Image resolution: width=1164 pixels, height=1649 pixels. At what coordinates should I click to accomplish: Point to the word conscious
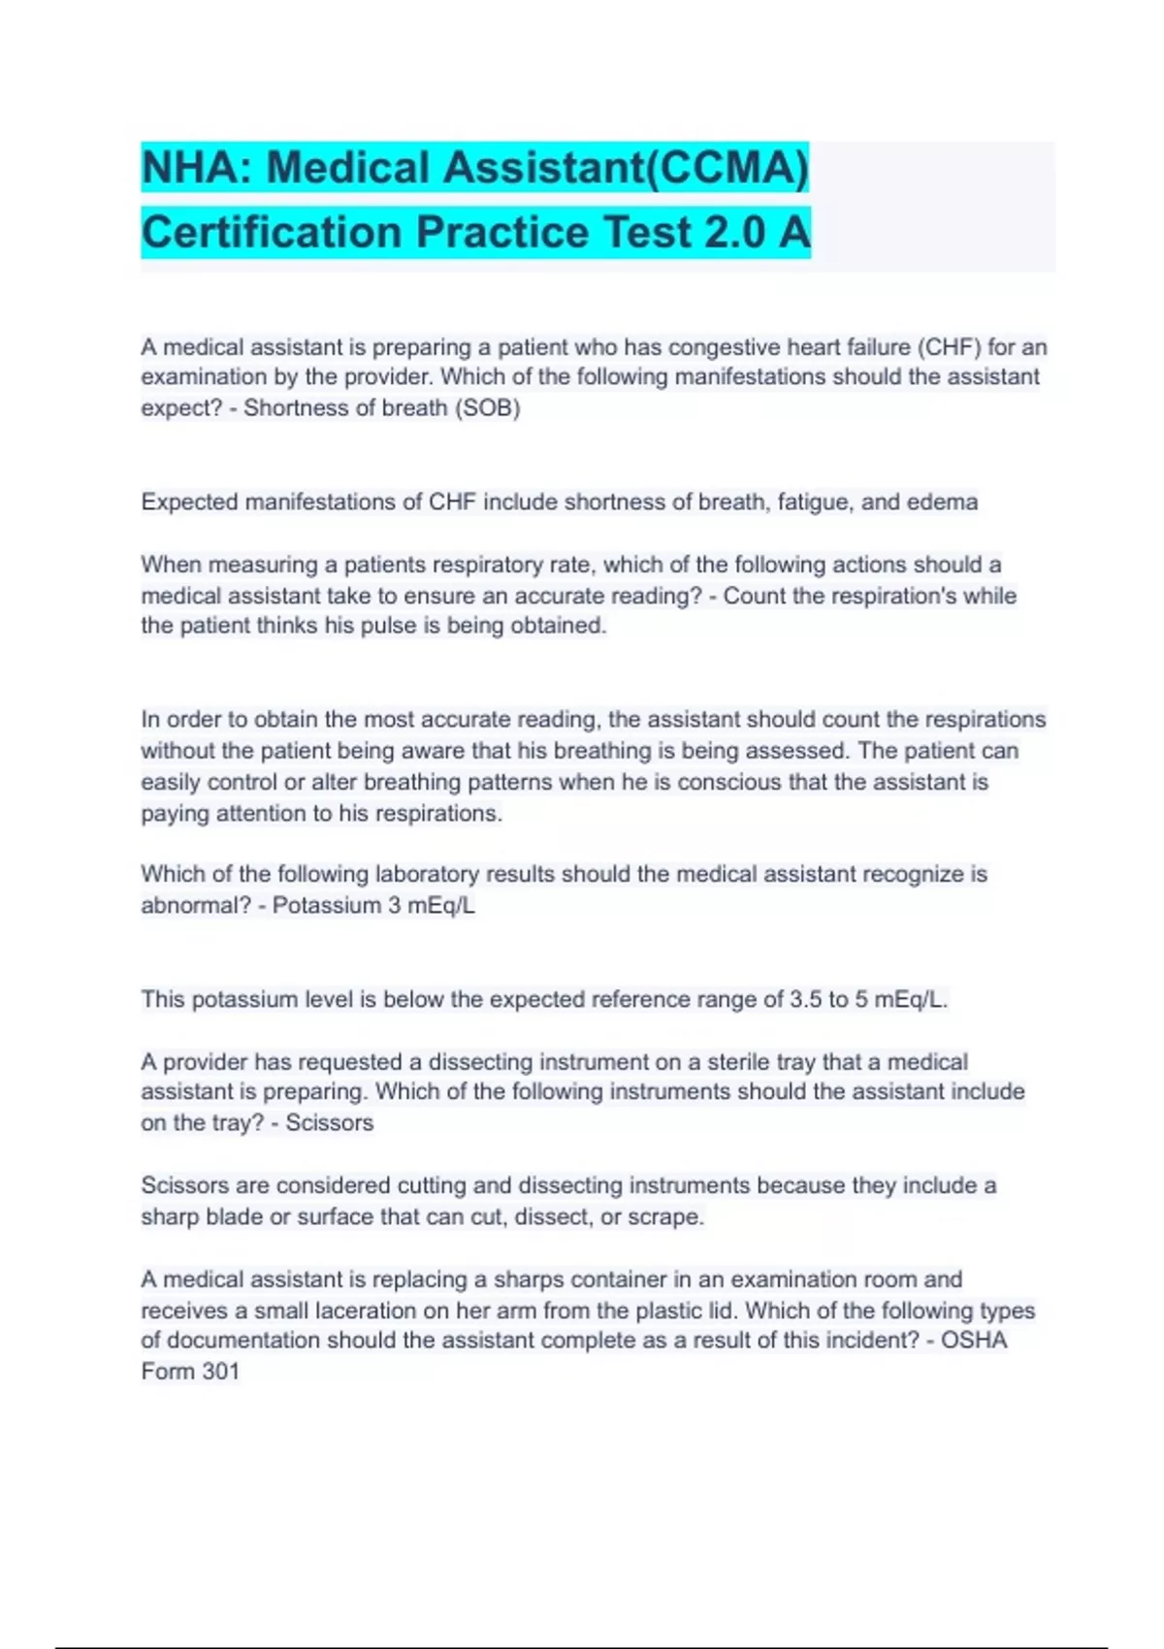pyautogui.click(x=727, y=782)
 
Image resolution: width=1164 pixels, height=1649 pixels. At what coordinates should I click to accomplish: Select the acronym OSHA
pyautogui.click(x=974, y=1341)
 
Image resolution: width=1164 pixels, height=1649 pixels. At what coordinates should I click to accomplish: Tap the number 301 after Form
pyautogui.click(x=220, y=1372)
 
